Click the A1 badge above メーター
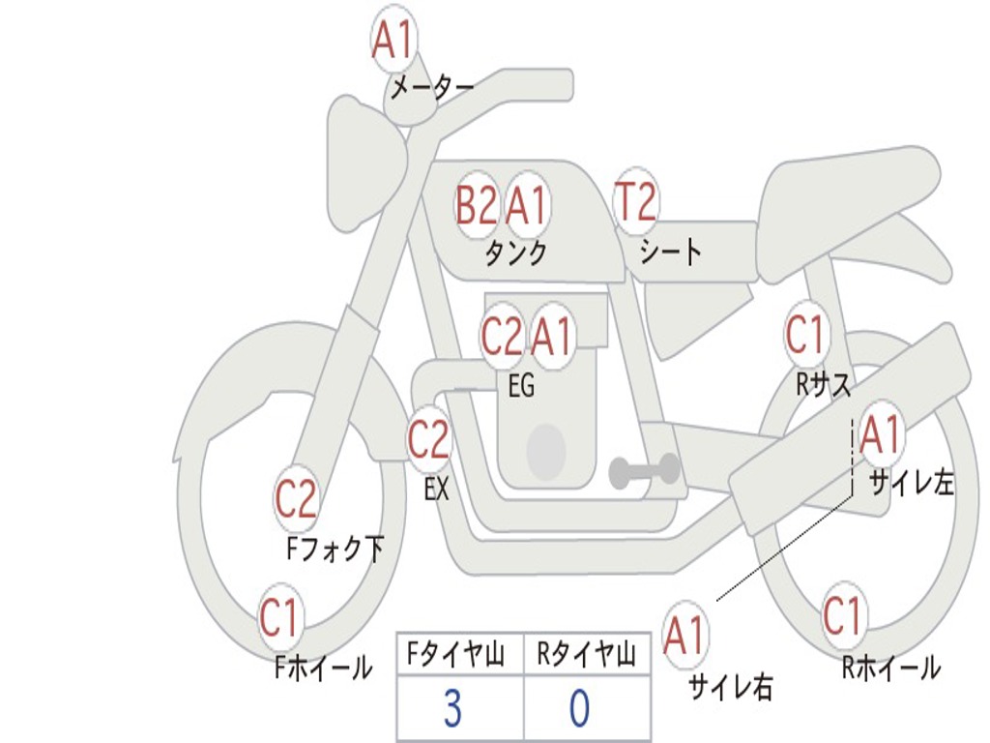(x=393, y=39)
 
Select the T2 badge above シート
(x=636, y=201)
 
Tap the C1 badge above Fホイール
(x=279, y=617)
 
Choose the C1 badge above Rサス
(x=805, y=335)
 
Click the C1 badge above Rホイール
(x=843, y=614)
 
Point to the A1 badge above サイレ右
(x=684, y=635)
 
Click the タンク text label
(x=516, y=253)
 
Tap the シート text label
(x=671, y=253)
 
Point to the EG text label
(x=521, y=385)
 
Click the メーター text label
(x=432, y=87)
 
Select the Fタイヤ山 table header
(x=456, y=654)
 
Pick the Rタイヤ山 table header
(x=586, y=654)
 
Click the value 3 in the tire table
(x=452, y=708)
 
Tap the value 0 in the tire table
(x=580, y=708)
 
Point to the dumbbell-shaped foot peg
(x=644, y=470)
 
